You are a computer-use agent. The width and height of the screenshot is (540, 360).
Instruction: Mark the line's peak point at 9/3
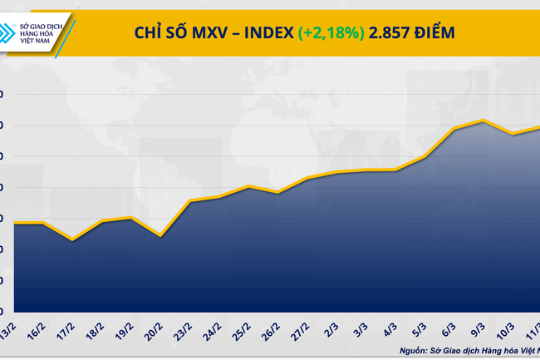coord(484,121)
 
